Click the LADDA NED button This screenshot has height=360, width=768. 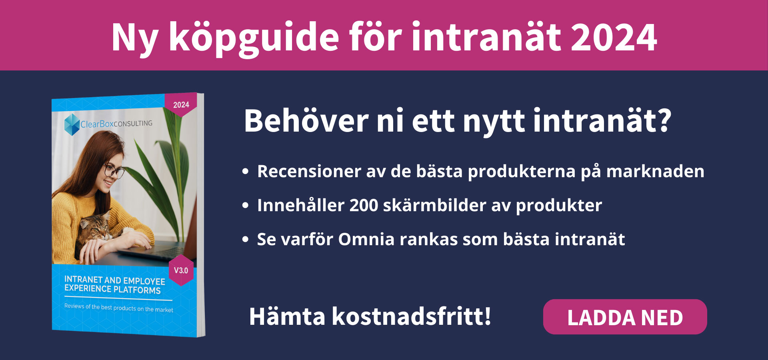pyautogui.click(x=625, y=317)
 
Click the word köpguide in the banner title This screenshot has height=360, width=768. pyautogui.click(x=254, y=38)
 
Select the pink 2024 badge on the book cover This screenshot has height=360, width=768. pyautogui.click(x=181, y=104)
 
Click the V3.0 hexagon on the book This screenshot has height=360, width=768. pyautogui.click(x=181, y=270)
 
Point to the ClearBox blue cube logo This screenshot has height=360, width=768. pyautogui.click(x=72, y=124)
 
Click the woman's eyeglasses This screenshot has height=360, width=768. pyautogui.click(x=114, y=171)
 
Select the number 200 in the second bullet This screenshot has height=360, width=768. pyautogui.click(x=364, y=205)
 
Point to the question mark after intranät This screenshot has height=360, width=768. pyautogui.click(x=664, y=120)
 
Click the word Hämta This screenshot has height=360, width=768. pyautogui.click(x=287, y=316)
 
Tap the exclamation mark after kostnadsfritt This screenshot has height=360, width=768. pyautogui.click(x=487, y=316)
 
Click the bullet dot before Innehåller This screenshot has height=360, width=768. pyautogui.click(x=246, y=206)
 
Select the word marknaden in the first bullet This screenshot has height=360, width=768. pyautogui.click(x=655, y=171)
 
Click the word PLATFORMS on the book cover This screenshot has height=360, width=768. pyautogui.click(x=137, y=290)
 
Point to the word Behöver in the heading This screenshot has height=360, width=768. pyautogui.click(x=306, y=120)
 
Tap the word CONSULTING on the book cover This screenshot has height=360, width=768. pyautogui.click(x=133, y=123)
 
